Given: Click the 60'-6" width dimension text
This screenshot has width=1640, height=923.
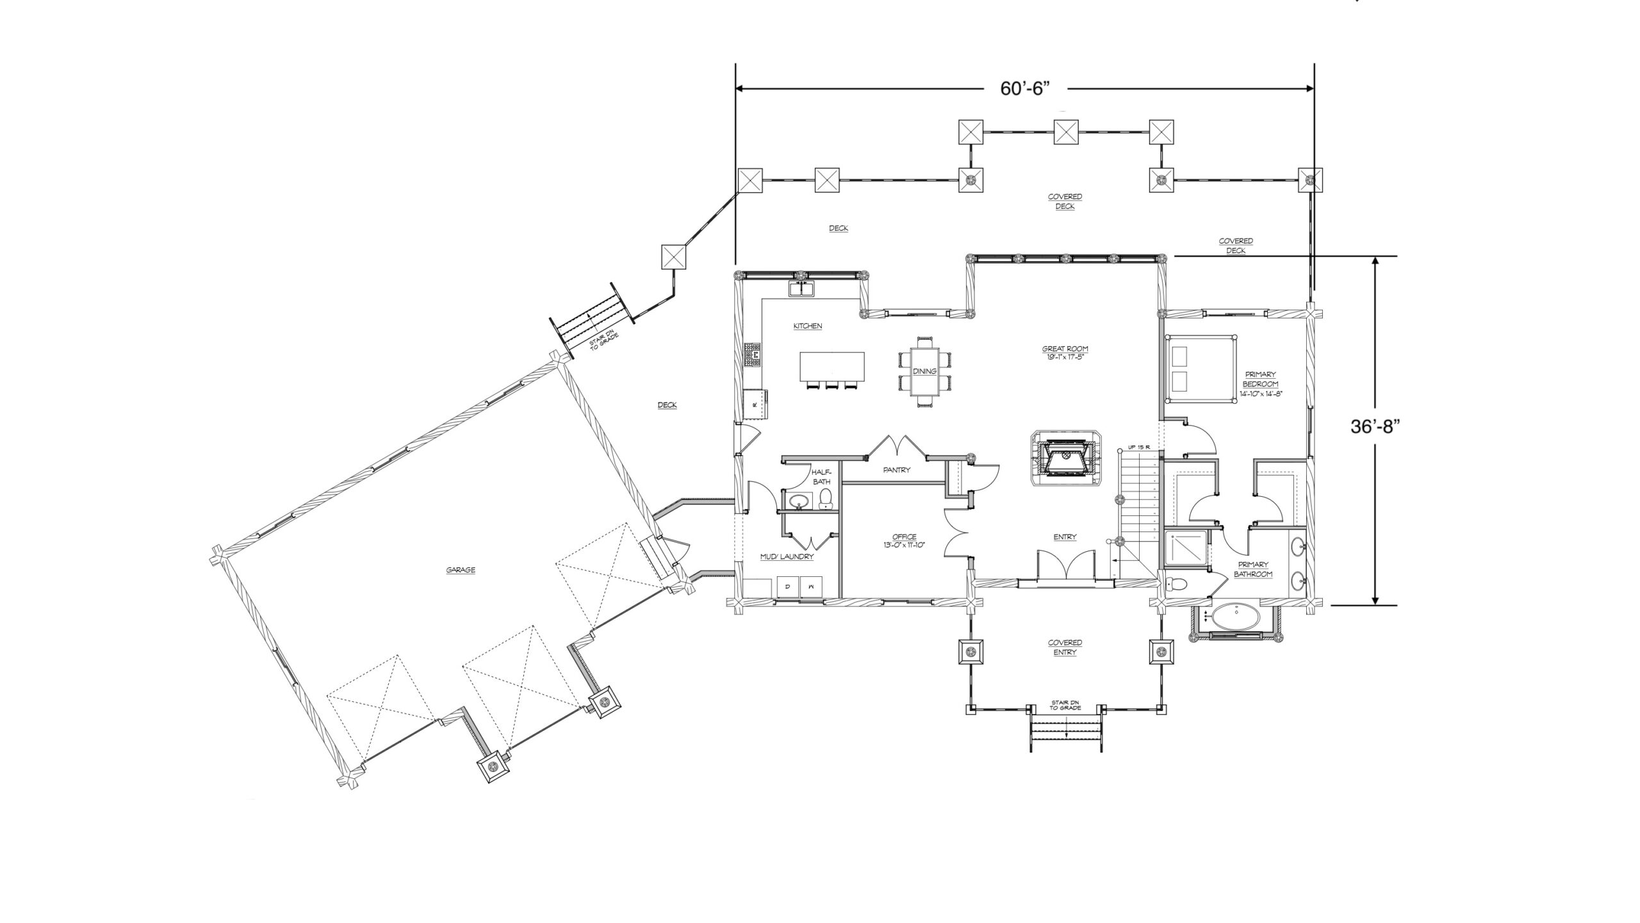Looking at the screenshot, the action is click(1025, 88).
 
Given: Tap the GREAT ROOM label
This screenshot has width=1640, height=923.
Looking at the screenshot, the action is click(1065, 349).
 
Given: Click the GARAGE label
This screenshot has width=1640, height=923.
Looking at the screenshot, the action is click(461, 570).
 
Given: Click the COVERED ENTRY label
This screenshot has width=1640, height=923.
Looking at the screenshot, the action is click(1065, 647).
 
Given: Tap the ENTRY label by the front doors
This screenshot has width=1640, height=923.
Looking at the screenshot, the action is click(1065, 537).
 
